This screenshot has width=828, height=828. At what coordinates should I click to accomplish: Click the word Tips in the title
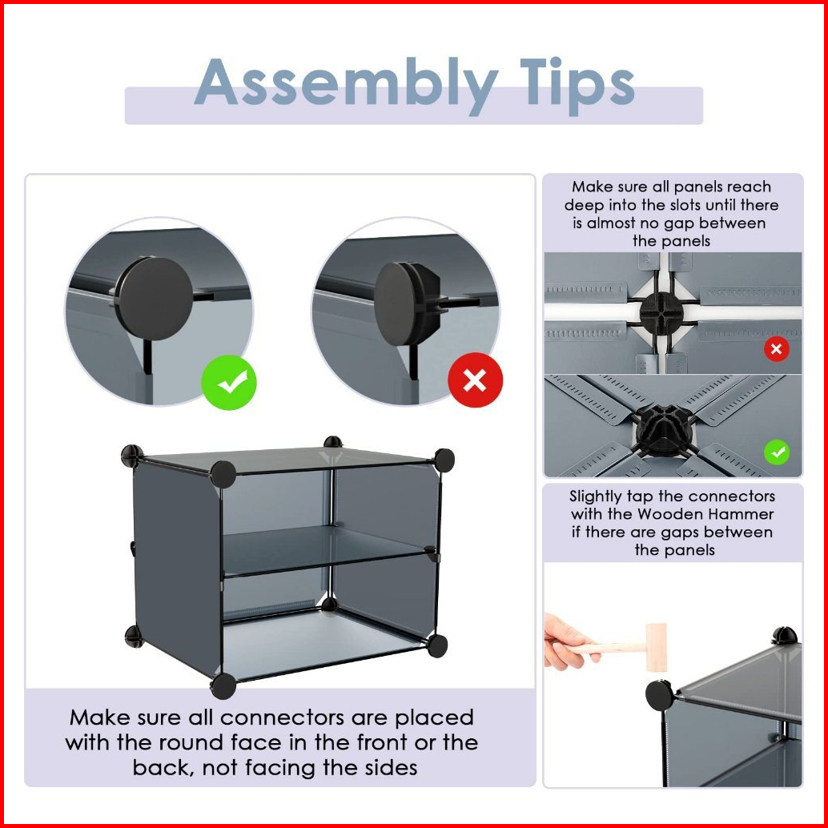577,85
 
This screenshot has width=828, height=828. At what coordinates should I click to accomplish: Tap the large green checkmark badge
229,382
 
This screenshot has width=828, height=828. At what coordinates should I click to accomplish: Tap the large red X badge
475,380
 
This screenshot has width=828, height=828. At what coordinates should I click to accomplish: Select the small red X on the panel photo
776,349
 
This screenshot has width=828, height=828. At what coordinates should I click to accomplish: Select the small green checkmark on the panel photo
777,452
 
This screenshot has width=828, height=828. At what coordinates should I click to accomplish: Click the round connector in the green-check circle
154,299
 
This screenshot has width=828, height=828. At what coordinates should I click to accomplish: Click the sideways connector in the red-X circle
408,303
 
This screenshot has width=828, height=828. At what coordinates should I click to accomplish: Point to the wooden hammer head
657,647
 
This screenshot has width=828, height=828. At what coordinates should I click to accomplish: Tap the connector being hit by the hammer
660,695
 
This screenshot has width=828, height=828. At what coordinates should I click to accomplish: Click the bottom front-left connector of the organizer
223,685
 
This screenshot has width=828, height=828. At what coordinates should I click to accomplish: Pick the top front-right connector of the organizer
444,460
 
